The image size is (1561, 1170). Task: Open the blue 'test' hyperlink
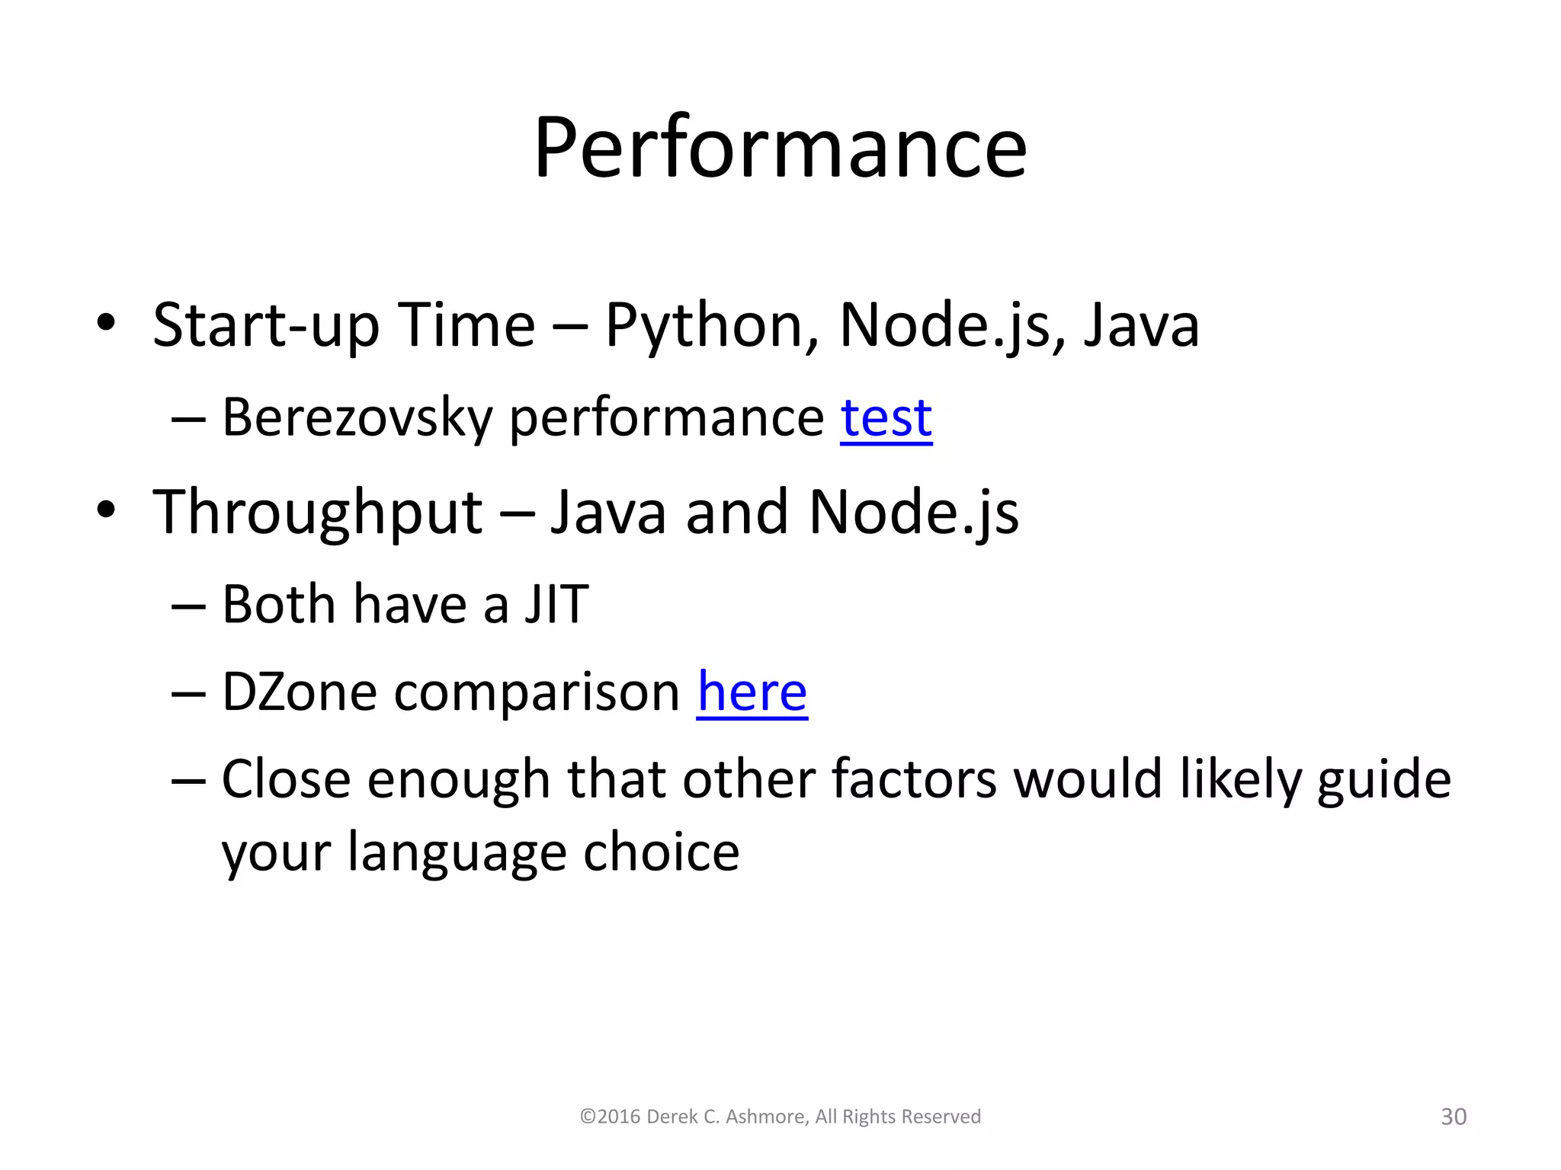coord(886,418)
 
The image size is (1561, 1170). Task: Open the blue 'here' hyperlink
coord(752,692)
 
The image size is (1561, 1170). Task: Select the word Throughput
coord(317,512)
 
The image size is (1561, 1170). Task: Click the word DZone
coord(299,692)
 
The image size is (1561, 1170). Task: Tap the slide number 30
coord(1453,1117)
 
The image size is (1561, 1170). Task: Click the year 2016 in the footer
coord(619,1117)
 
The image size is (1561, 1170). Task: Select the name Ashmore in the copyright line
coord(766,1117)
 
